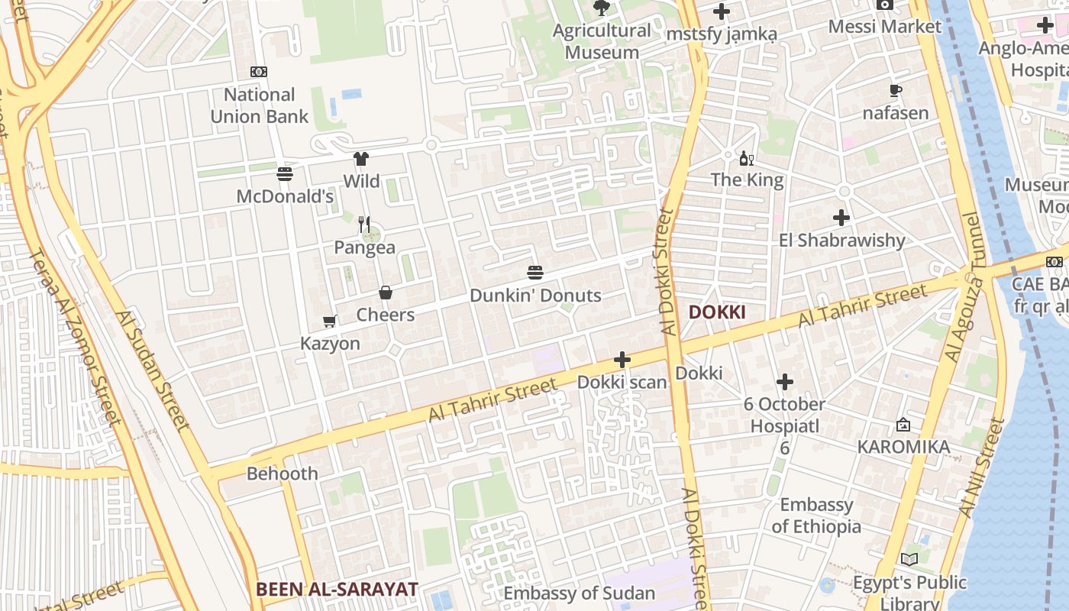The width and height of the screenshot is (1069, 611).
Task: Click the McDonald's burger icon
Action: (285, 174)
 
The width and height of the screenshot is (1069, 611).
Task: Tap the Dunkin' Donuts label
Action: (535, 296)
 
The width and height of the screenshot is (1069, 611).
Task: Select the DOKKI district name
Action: (716, 312)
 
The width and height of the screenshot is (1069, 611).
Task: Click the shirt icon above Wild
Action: (361, 159)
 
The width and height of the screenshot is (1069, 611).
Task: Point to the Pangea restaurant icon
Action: (364, 225)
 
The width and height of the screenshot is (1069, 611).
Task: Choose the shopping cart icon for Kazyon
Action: (330, 322)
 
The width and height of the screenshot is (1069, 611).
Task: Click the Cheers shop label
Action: (386, 315)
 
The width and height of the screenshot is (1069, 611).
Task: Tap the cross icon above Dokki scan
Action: (622, 360)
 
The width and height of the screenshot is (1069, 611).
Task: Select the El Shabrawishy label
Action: (841, 241)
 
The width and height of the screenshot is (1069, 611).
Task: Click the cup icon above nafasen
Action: (896, 91)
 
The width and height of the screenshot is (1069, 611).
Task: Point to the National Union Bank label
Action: (260, 105)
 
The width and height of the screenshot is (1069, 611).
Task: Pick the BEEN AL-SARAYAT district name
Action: (337, 589)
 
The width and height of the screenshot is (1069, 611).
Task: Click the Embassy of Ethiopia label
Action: (816, 516)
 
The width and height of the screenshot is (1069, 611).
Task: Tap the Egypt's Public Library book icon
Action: (909, 560)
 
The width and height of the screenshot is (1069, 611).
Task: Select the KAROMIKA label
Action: (903, 447)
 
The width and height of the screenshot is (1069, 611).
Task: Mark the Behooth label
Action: (282, 474)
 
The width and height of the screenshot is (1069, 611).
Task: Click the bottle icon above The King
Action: (746, 159)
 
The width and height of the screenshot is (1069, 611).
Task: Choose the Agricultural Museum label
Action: (602, 41)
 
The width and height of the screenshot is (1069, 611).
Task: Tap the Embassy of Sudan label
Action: (579, 593)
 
